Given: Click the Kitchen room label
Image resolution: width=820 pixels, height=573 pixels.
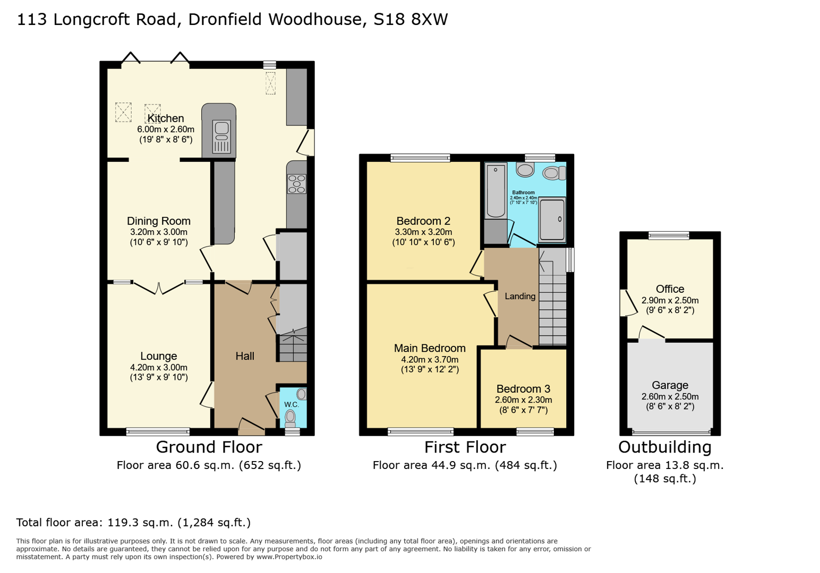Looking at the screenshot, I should tap(165, 118).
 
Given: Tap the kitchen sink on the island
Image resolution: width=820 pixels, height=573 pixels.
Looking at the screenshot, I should tap(221, 136).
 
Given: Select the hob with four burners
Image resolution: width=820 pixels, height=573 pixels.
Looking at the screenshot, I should tap(297, 184).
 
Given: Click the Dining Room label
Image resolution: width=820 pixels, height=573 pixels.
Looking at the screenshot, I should tap(158, 221).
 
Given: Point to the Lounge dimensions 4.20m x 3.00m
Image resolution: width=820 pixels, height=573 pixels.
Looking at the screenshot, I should tap(158, 367).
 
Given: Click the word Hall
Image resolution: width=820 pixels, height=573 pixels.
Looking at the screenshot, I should tap(245, 356).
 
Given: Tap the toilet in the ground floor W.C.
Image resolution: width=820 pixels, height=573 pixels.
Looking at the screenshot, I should tap(290, 419).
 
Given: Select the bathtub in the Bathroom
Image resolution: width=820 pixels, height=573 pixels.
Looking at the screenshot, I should tap(496, 189).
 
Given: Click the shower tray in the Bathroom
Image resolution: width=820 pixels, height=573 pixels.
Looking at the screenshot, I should tap(552, 219).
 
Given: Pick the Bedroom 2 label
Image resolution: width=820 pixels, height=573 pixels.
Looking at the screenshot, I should tap(423, 221).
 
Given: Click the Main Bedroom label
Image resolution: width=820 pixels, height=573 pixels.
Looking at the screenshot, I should tap(430, 348).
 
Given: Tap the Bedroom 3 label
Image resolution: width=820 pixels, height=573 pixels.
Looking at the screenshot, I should tap(523, 389).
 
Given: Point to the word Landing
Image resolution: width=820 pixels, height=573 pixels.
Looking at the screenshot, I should tap(520, 296).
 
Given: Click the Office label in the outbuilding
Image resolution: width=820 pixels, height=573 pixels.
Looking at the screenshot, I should tap(670, 289).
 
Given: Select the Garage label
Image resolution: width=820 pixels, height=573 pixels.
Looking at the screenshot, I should tap(670, 385).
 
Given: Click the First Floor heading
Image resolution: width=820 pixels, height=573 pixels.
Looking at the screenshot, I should tap(465, 447).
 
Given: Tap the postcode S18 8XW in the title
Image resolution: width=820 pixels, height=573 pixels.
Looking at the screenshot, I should tap(411, 20).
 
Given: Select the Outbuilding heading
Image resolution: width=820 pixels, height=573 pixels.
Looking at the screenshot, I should tap(664, 447).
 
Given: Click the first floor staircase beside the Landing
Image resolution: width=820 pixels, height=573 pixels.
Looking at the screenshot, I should tap(552, 308).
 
